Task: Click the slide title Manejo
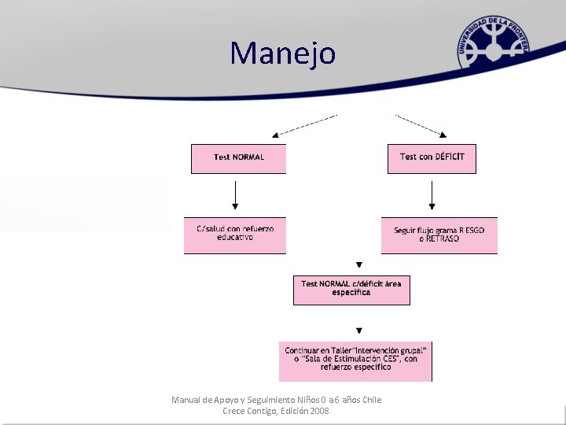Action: pos(283,54)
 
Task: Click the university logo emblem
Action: pos(494,46)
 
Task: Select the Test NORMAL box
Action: pos(238,157)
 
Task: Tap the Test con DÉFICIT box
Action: pos(432,157)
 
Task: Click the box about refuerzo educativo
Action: pos(235,234)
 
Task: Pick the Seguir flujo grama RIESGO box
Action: pos(439,235)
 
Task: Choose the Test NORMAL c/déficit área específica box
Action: pos(351,289)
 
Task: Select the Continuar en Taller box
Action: pos(355,360)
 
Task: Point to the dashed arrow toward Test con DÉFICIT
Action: pos(421,125)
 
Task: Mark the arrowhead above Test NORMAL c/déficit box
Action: pos(359,265)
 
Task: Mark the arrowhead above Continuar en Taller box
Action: pos(359,331)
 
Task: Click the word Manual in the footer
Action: pos(186,400)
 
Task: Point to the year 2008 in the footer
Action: pos(319,411)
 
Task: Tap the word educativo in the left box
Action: pos(235,238)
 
